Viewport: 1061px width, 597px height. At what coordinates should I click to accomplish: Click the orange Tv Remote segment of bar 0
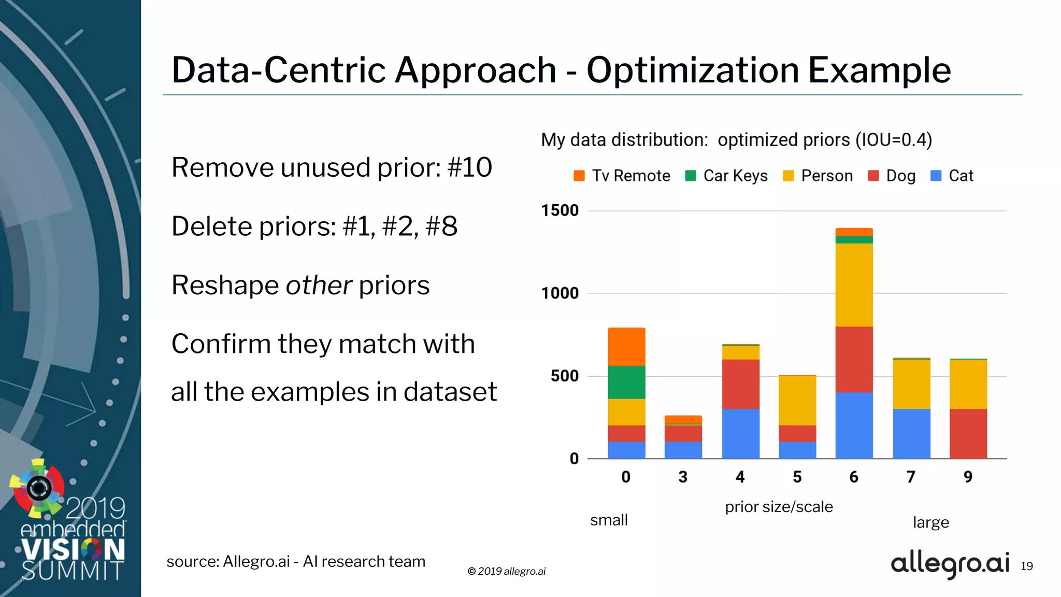click(626, 347)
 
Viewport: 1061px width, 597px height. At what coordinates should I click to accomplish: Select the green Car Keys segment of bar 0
click(626, 382)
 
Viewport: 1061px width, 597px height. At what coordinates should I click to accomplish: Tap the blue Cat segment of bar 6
click(854, 425)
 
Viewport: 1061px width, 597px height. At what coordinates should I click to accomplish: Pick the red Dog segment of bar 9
click(968, 434)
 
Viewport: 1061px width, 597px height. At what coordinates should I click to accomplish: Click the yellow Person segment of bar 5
click(797, 401)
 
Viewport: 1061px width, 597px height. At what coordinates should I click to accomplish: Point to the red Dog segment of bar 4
click(740, 384)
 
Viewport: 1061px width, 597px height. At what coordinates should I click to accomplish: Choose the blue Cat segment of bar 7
click(911, 434)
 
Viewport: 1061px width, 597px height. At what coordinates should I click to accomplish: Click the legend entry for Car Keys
click(726, 176)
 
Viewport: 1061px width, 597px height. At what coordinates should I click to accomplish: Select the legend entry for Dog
click(892, 176)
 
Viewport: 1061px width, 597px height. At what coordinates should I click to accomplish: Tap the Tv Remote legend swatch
click(579, 176)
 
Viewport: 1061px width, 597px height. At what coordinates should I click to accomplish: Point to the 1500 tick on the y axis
click(560, 210)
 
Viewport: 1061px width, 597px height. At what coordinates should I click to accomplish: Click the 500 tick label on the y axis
click(565, 376)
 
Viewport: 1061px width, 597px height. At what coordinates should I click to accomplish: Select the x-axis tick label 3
click(683, 477)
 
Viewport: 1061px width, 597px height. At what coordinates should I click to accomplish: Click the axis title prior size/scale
click(779, 506)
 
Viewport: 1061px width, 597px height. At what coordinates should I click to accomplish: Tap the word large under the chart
click(930, 522)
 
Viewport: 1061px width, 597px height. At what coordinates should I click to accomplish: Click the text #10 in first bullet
click(469, 167)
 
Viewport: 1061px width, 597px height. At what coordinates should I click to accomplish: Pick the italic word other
click(319, 285)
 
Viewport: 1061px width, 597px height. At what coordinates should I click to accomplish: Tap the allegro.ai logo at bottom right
click(950, 564)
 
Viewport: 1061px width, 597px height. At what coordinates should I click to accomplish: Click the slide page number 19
click(1026, 566)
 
